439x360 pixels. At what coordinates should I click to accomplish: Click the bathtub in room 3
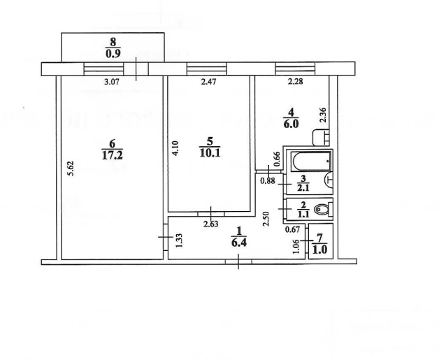pos(311,161)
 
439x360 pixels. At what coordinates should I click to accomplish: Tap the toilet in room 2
pos(323,209)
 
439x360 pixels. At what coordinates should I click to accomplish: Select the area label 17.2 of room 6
pos(112,154)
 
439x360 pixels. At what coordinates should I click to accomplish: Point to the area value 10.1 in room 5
pos(210,153)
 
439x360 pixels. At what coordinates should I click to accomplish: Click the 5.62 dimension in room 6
pos(71,168)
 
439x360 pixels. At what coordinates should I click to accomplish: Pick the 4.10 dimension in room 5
pos(175,148)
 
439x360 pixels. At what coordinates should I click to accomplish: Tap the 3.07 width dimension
pos(112,82)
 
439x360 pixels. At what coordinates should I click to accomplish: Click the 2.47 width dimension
pos(208,82)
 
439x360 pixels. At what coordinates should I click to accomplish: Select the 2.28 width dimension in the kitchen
pos(296,82)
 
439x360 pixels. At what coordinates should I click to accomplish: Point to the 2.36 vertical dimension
pos(323,115)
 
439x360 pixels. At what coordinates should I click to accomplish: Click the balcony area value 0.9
pos(113,53)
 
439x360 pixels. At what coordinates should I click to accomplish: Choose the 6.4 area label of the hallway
pos(239,243)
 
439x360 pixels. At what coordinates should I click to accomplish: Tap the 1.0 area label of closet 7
pos(319,250)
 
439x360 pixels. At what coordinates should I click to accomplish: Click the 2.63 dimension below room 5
pos(211,224)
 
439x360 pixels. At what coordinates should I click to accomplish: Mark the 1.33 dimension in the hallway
pos(179,240)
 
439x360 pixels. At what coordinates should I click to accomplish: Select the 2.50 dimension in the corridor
pos(266,219)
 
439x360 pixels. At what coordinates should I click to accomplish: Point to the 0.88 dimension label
pos(268,181)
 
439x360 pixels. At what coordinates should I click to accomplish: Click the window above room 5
pos(207,69)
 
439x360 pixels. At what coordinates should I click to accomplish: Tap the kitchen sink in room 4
pos(321,138)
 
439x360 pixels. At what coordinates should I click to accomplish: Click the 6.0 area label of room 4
pos(292,124)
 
